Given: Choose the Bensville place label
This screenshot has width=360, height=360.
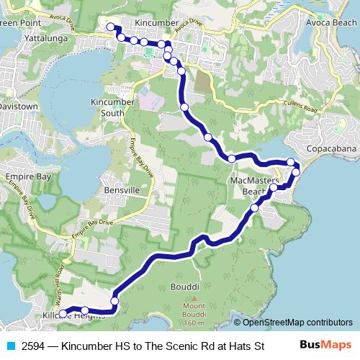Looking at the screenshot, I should (x=120, y=189).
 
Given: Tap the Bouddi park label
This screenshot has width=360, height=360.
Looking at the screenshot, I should (x=184, y=287).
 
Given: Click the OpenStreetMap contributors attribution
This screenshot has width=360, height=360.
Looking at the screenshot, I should (x=293, y=322).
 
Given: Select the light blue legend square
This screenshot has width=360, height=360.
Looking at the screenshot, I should (x=11, y=346).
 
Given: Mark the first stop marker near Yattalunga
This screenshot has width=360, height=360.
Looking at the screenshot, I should (x=111, y=27).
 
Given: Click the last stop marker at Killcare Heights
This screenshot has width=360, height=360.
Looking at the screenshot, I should (x=63, y=313).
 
